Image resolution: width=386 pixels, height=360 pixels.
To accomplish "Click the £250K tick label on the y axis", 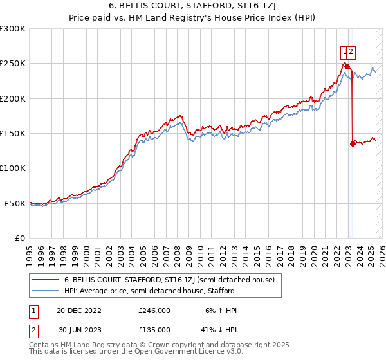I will click(12, 64).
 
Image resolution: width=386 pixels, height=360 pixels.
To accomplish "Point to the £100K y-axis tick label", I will click(12, 168).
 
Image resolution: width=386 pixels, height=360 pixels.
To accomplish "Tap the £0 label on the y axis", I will click(20, 238).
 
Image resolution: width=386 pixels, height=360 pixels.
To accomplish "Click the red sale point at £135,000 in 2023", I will click(353, 143).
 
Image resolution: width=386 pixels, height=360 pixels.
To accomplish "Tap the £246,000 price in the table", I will click(154, 310).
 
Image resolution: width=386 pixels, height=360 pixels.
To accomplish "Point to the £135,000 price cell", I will click(154, 329).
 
